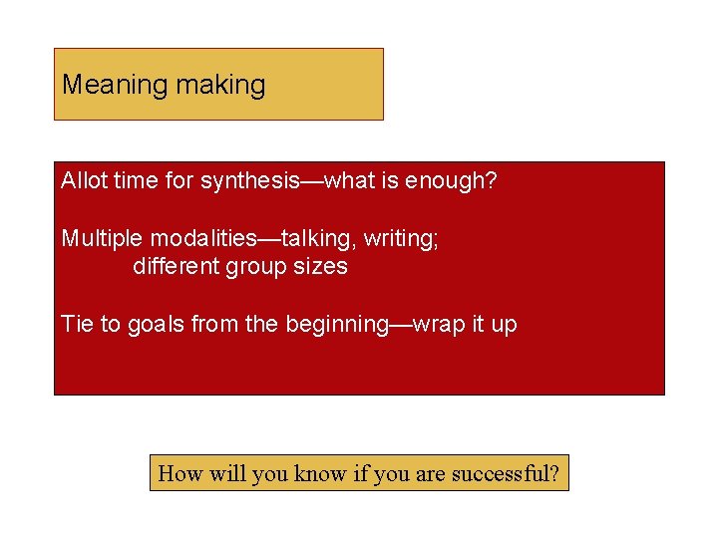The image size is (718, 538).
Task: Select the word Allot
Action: (x=84, y=181)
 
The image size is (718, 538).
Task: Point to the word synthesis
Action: (x=249, y=181)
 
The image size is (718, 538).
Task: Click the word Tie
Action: (x=77, y=324)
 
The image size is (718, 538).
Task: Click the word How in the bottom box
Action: (x=180, y=473)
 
